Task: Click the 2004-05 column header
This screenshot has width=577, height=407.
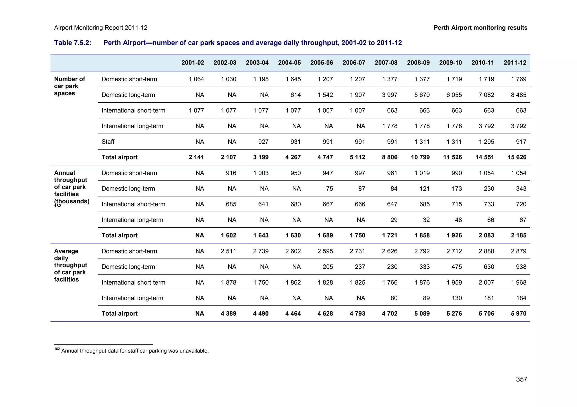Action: point(289,63)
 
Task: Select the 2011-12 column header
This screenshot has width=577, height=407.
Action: point(515,63)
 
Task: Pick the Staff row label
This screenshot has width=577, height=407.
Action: point(108,142)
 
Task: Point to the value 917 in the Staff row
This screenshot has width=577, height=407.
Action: point(521,142)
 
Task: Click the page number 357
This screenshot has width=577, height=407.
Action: point(521,379)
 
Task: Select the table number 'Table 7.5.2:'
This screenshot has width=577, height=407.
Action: point(73,43)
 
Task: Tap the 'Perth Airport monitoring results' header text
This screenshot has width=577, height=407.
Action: point(480,28)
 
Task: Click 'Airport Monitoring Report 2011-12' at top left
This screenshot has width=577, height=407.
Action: point(101,28)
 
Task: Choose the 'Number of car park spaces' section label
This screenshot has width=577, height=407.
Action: point(69,86)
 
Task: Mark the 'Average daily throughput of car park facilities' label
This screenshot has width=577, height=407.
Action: point(70,265)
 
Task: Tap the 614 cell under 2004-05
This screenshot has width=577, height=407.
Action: point(296,95)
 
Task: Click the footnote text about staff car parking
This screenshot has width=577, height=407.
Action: point(135,351)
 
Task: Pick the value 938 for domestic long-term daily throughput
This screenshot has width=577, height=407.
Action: point(521,267)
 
